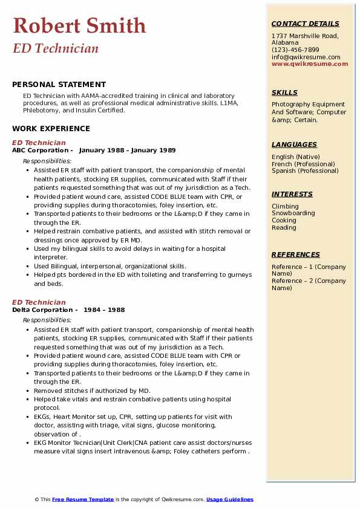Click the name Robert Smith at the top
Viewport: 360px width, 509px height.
tap(79, 25)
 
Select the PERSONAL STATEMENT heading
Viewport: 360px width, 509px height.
tap(59, 85)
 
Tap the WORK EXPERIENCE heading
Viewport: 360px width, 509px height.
tap(51, 129)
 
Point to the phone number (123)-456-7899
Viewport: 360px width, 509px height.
tap(295, 50)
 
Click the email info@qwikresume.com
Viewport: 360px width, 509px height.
tap(306, 57)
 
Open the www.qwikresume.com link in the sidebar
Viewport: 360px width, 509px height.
tap(310, 64)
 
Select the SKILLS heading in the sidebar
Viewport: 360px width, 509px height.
tap(284, 92)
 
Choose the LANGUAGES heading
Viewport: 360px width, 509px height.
tap(294, 144)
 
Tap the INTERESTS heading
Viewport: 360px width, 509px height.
tap(292, 194)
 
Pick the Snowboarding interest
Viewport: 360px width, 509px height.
tap(293, 213)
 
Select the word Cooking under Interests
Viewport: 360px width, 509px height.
tap(284, 221)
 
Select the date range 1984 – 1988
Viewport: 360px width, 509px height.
tap(105, 310)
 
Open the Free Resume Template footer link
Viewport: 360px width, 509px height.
tap(82, 499)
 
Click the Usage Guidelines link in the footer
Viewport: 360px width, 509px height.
tap(229, 499)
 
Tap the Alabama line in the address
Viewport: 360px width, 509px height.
tap(285, 43)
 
